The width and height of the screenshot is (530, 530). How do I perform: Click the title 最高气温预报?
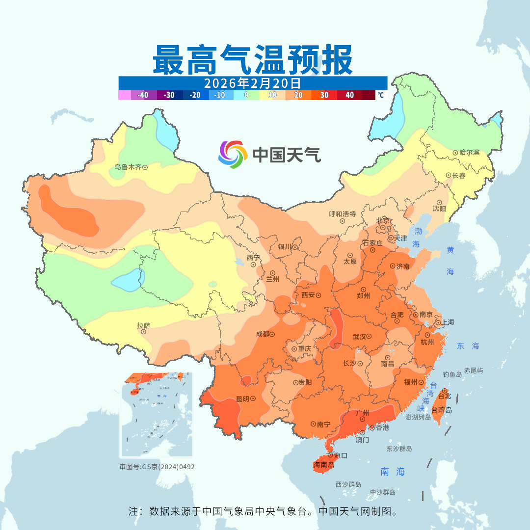tap(252, 59)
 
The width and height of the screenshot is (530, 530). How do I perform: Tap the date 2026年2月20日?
tap(252, 82)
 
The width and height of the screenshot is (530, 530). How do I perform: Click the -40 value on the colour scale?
tap(143, 95)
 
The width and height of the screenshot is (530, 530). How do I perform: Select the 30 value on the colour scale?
tap(324, 95)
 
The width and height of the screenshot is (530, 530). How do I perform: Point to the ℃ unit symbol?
tap(380, 95)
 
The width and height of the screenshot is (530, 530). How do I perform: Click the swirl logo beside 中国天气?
tap(232, 154)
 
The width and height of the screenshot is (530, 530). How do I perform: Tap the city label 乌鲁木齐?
tap(128, 167)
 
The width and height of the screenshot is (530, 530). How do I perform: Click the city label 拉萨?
tap(143, 325)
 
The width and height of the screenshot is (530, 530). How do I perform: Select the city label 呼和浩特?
tap(342, 214)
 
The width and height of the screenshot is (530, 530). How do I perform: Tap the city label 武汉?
tap(359, 337)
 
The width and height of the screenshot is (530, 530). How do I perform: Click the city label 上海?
tap(448, 322)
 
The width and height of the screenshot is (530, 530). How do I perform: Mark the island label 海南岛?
tap(324, 464)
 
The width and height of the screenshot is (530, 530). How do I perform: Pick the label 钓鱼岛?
tap(452, 374)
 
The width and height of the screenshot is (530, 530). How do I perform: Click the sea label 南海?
tap(393, 472)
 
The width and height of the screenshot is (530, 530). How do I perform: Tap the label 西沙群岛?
tap(348, 484)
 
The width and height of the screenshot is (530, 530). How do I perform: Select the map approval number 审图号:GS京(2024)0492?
tap(157, 467)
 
